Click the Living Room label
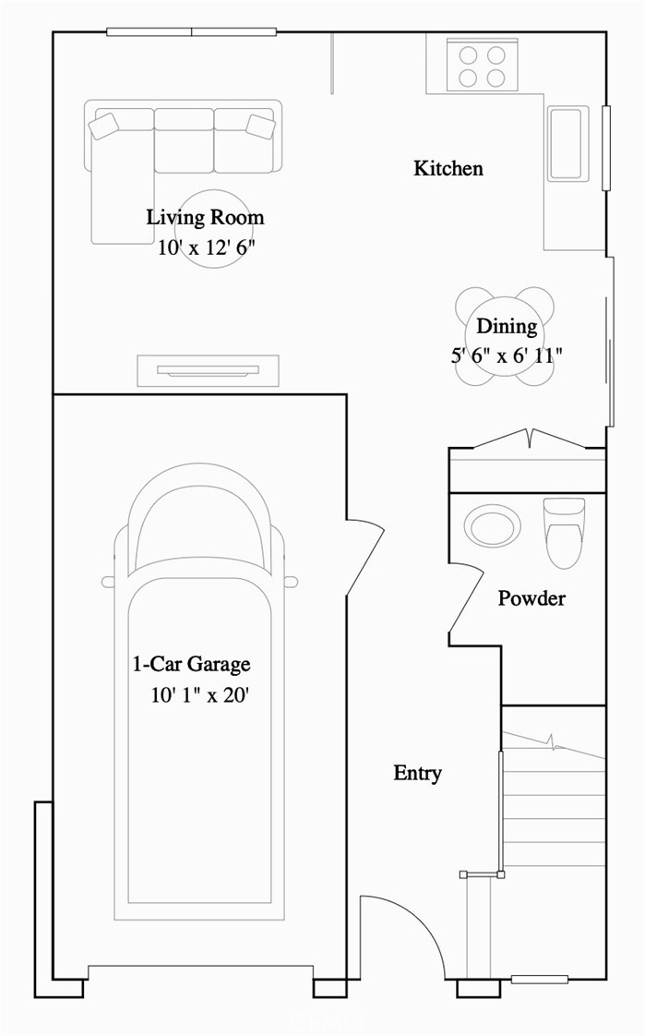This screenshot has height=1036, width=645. [205, 218]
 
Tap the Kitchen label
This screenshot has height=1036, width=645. [448, 168]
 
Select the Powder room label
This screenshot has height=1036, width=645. [532, 598]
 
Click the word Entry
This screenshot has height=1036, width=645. [417, 773]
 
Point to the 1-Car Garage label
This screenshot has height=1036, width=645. [191, 664]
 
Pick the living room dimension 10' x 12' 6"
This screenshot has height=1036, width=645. [206, 247]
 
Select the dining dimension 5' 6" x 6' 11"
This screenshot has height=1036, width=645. [506, 355]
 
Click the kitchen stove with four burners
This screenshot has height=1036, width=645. [482, 65]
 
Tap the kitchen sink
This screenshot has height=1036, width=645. [567, 142]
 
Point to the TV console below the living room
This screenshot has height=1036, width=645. [208, 370]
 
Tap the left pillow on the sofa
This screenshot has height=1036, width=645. [104, 126]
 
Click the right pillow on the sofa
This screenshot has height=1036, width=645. [260, 126]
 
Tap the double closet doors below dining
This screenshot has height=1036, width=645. [528, 440]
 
